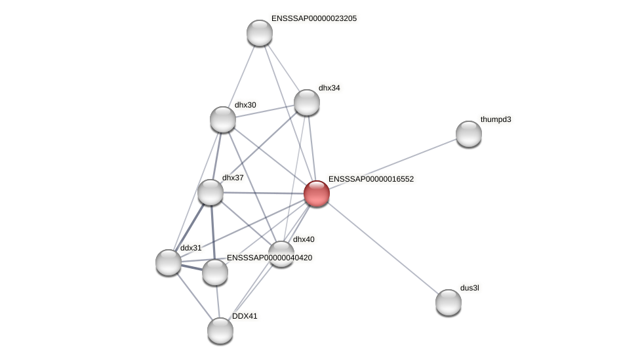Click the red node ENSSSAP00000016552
(x=317, y=193)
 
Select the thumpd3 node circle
(x=469, y=134)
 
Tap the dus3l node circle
(x=449, y=302)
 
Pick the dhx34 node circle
(x=307, y=102)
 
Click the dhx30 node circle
(x=223, y=119)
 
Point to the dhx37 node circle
(x=210, y=192)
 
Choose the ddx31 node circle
(x=169, y=262)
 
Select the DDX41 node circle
(x=220, y=330)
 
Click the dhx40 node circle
(x=281, y=254)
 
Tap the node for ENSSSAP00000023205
(x=260, y=33)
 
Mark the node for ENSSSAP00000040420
(x=215, y=272)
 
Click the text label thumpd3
(x=496, y=119)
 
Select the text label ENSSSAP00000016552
(x=371, y=179)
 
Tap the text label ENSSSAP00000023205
(x=314, y=18)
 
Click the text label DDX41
(x=245, y=316)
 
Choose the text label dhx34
(x=329, y=88)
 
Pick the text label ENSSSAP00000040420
(x=270, y=258)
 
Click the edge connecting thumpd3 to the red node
(x=393, y=164)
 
